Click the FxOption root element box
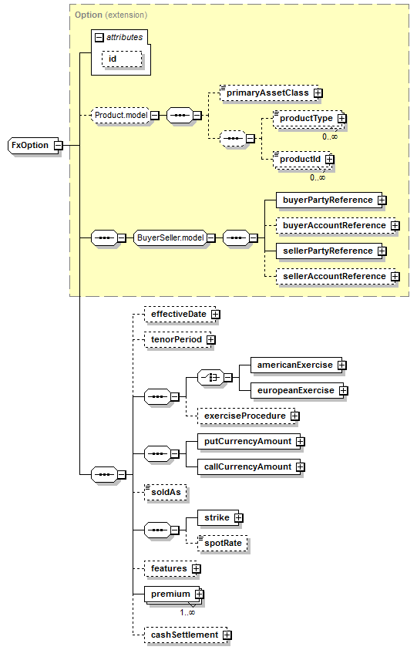33,146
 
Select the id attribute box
122,59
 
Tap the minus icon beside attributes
99,38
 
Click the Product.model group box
120,115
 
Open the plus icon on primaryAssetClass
318,93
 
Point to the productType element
308,119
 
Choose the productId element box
301,159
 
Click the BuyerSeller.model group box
170,238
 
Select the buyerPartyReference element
329,200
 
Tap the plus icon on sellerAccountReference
395,277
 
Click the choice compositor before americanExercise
210,378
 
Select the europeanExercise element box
298,390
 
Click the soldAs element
166,493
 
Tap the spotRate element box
223,543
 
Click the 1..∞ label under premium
187,613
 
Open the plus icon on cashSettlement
227,635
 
